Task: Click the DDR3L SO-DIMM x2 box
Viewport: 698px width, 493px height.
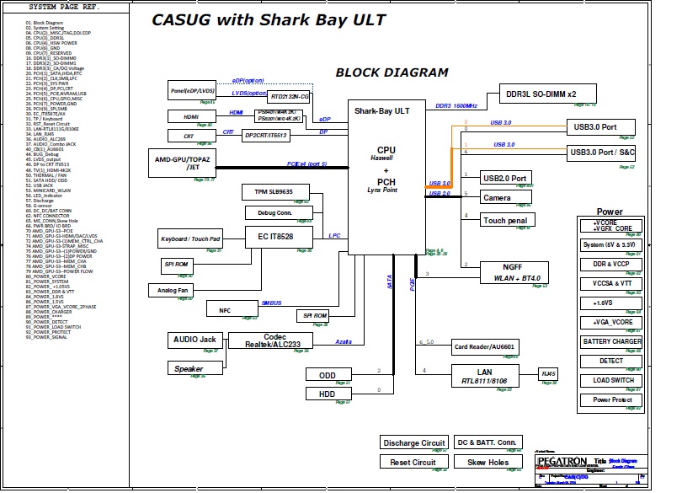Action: click(548, 94)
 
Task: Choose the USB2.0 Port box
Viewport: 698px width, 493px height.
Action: click(506, 178)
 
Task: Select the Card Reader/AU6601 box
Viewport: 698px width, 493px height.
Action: click(484, 346)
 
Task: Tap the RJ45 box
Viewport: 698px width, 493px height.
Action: click(549, 372)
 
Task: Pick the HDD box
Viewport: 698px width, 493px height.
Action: click(328, 394)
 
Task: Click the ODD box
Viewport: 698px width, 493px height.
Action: click(328, 374)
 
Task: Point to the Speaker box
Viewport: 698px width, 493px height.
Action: click(189, 368)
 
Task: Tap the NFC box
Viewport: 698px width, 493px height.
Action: click(225, 310)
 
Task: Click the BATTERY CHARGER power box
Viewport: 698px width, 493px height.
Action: click(611, 342)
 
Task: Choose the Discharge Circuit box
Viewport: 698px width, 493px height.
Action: click(413, 442)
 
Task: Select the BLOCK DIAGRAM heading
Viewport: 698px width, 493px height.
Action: click(392, 72)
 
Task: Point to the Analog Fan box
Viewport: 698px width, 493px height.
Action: click(173, 290)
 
